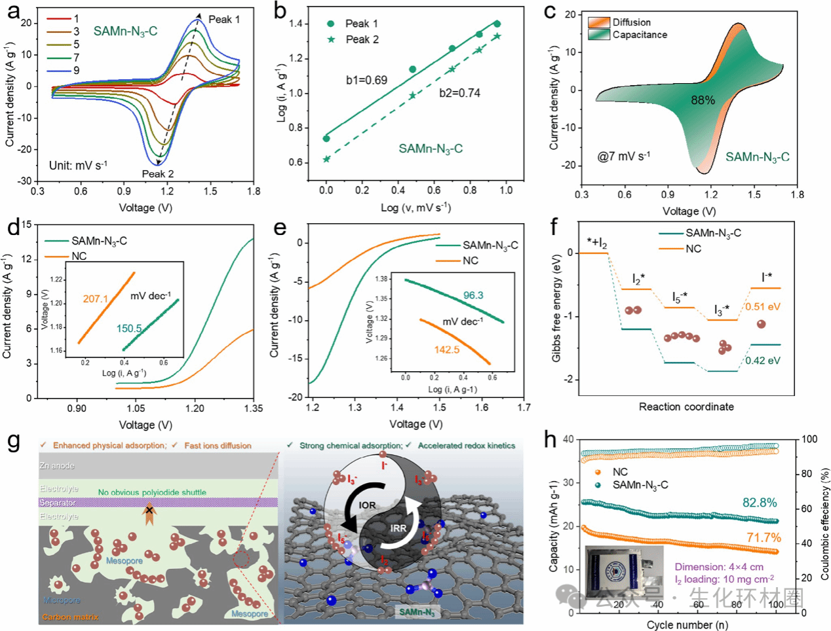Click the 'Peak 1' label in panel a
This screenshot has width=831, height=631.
pos(224,20)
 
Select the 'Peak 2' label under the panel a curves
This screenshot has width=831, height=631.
pos(158,174)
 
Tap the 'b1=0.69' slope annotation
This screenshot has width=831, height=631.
pos(366,81)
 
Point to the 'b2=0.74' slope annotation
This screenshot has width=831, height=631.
pos(459,93)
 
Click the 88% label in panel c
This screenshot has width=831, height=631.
pos(703,100)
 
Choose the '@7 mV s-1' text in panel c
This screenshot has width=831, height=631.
pos(623,157)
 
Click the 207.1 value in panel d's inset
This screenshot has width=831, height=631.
pos(95,298)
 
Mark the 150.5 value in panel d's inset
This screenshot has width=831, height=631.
pos(129,329)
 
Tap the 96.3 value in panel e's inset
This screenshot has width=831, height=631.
pos(473,295)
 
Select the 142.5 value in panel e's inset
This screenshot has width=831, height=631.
pos(446,350)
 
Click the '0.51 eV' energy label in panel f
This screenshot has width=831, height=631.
pos(763,307)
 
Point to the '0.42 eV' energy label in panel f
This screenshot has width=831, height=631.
pos(763,361)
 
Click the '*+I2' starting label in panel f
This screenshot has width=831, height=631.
pos(596,243)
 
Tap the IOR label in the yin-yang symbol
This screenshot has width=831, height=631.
pos(368,505)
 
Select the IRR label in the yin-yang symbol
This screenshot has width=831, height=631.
pos(398,528)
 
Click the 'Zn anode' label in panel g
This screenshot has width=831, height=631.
pos(57,466)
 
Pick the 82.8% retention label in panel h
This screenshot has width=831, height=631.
pos(760,503)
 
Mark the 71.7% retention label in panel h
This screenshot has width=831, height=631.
pos(763,537)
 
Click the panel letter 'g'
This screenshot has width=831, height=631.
pos(14,441)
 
